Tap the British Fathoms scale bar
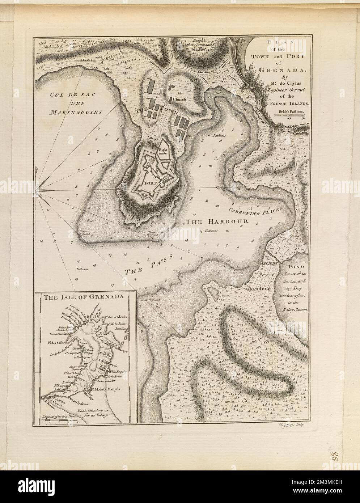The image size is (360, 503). click(x=292, y=115)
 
